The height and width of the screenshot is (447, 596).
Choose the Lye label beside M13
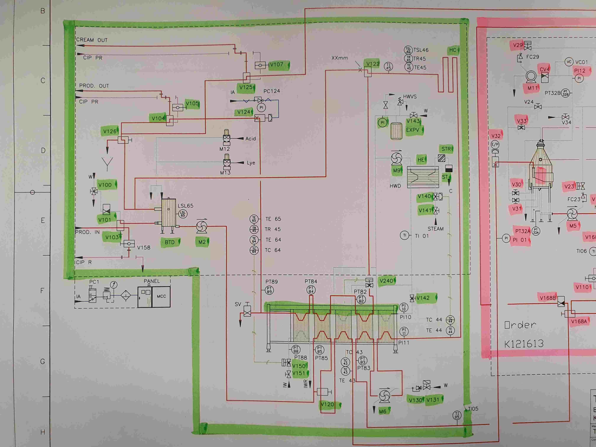click(251, 163)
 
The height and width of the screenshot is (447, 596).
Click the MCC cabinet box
click(161, 296)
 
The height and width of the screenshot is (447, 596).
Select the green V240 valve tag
click(386, 281)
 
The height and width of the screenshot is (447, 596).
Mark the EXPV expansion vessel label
click(413, 130)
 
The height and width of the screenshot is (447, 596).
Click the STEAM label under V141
click(435, 229)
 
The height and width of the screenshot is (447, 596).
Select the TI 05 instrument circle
click(457, 415)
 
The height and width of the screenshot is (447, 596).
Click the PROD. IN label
click(87, 232)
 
